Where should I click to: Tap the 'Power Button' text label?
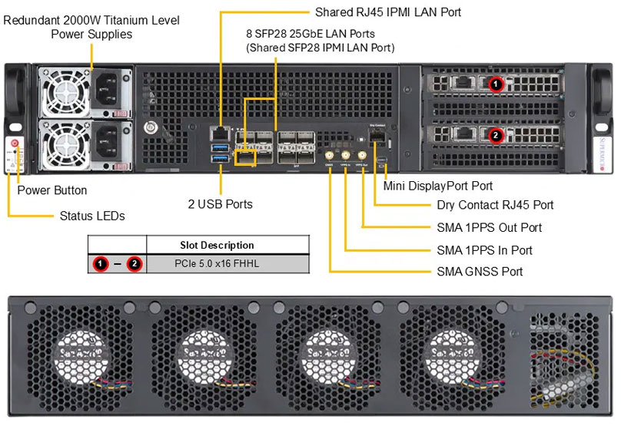coord(52,190)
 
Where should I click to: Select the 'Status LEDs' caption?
coord(92,216)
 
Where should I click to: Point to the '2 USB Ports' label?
coord(221,204)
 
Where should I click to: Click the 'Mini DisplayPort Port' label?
coord(438,186)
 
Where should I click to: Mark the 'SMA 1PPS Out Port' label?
coord(484,227)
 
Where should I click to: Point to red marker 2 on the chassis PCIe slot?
coord(496,135)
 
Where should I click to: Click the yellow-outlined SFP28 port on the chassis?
coord(245,157)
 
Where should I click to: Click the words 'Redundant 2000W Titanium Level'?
coord(91,20)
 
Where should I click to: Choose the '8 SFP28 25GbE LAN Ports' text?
coord(310,33)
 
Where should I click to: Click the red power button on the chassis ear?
coord(15,144)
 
